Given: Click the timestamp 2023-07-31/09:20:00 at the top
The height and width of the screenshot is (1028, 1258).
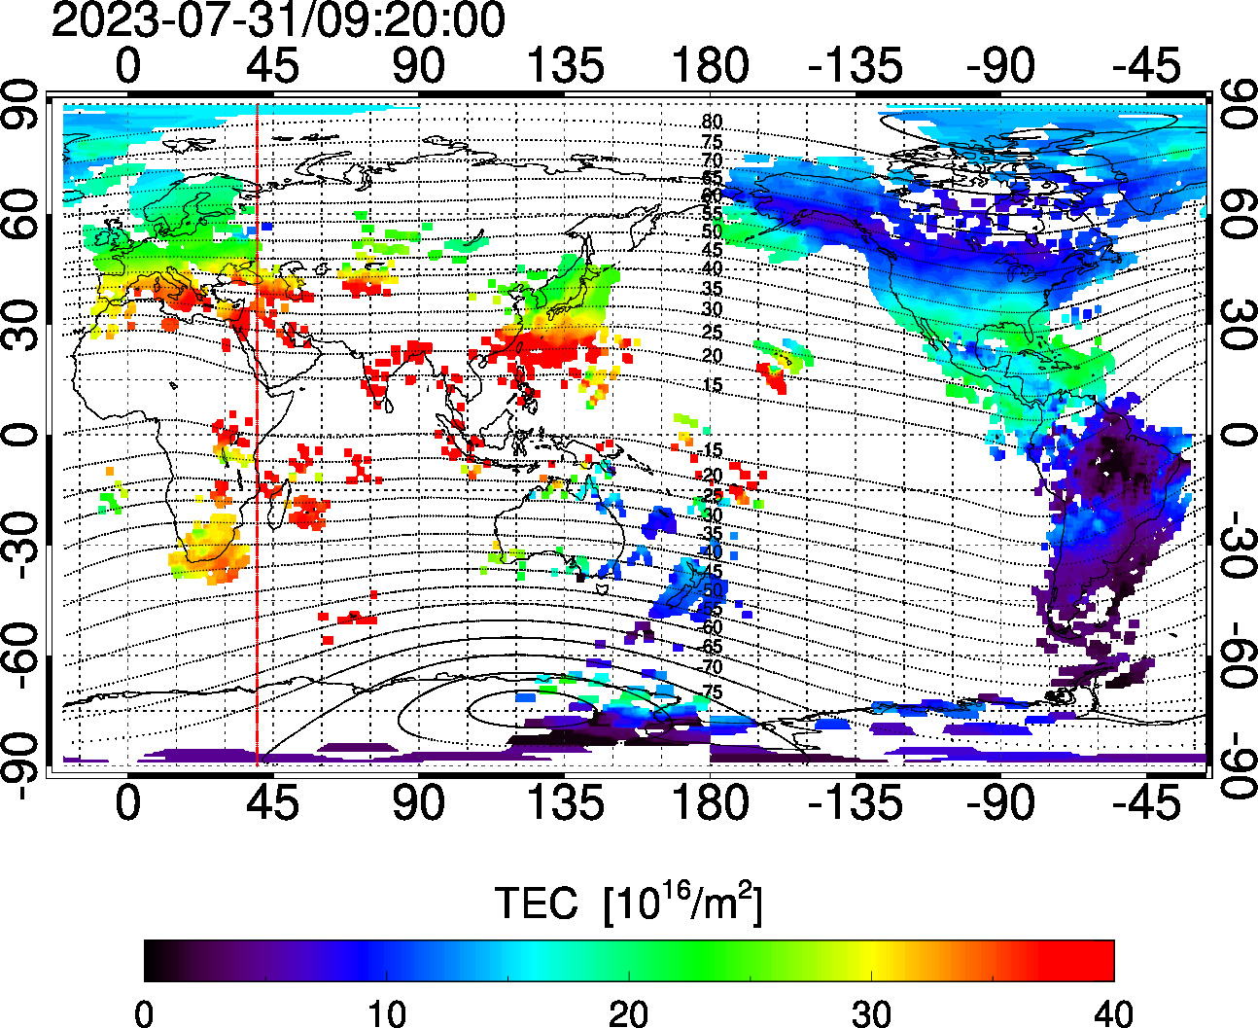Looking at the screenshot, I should (278, 20).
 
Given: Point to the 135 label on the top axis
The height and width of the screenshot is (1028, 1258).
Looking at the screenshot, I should (565, 67).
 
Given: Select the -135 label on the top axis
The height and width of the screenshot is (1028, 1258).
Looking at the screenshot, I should (856, 67).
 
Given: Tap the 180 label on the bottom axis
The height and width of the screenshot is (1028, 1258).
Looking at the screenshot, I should (711, 803).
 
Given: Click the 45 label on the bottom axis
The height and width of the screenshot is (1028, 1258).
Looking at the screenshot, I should (273, 803).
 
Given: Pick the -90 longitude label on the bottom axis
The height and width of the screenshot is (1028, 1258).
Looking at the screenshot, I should (1001, 803).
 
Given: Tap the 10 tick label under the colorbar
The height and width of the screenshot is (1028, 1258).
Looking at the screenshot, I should (386, 1014).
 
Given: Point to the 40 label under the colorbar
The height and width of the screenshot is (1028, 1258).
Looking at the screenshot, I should (1113, 1014).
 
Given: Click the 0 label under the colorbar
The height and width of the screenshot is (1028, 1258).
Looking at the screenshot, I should (144, 1014).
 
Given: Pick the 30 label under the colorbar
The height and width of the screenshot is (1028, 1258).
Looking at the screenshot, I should (871, 1014).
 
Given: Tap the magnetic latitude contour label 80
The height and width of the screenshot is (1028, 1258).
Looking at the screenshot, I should (712, 122).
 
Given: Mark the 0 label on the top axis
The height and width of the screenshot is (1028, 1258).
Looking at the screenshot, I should (127, 67).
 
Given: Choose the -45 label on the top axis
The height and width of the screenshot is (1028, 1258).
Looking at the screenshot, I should (1147, 67).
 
